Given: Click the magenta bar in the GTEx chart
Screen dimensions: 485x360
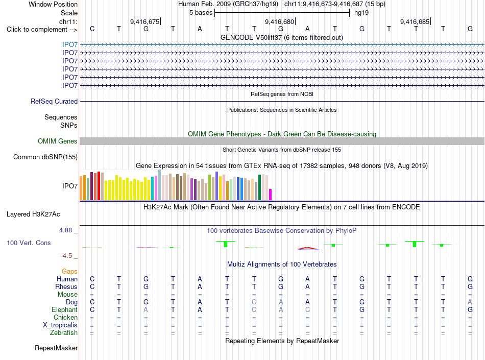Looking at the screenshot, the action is [271, 195].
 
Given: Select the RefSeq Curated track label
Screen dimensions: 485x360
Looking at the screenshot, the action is [54, 102].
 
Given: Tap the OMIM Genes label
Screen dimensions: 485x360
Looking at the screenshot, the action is [58, 141].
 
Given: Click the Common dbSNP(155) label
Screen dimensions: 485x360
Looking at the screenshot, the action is [45, 157].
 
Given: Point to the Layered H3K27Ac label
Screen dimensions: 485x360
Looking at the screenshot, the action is [33, 214].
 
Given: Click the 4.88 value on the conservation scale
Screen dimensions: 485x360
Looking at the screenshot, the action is [65, 230].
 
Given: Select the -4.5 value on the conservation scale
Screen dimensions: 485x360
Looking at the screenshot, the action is [66, 256].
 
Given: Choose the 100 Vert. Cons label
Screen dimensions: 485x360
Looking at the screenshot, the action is [29, 243].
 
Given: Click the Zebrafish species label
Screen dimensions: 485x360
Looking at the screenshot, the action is [64, 333].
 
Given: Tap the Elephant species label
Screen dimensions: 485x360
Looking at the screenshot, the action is [65, 309].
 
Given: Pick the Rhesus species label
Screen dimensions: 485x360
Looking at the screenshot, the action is [66, 286].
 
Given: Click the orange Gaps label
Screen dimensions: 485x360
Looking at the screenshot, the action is [69, 272].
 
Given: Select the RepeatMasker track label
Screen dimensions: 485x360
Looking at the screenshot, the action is [56, 348].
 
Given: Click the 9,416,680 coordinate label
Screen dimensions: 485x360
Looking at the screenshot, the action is [280, 21].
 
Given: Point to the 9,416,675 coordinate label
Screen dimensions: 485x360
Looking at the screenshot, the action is [145, 21].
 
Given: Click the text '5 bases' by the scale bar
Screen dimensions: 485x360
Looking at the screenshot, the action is [201, 13].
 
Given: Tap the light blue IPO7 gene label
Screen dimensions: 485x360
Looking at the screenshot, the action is [70, 45].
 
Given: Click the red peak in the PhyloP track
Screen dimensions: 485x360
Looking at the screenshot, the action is [307, 248].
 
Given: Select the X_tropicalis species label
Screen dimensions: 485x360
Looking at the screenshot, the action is [60, 325].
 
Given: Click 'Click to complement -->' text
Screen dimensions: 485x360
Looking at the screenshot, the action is [42, 30].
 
